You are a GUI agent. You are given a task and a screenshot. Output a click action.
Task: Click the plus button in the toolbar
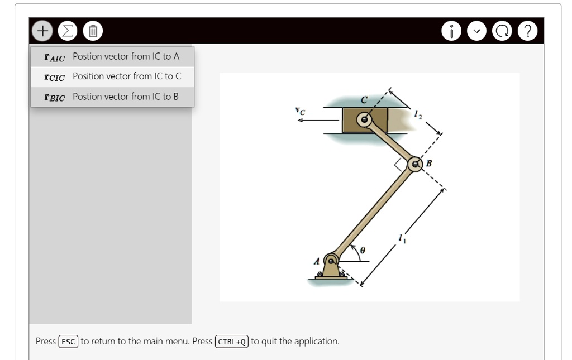tap(41, 30)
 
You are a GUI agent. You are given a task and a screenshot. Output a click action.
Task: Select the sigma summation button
tap(68, 30)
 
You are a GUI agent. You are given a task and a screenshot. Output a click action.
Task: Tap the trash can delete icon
tap(93, 30)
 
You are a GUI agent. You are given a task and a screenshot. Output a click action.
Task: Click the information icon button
tap(451, 31)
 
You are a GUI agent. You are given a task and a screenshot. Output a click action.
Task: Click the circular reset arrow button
tap(502, 31)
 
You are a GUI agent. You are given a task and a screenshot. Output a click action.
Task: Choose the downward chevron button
tap(476, 31)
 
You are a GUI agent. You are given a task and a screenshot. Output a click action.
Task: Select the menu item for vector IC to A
tap(112, 56)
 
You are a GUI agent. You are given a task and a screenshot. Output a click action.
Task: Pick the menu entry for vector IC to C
tap(112, 76)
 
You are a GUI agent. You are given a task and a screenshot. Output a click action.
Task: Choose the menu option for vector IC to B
tap(112, 97)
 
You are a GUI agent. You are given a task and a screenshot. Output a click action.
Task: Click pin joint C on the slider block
tap(364, 119)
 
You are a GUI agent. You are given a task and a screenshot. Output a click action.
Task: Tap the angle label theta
tap(363, 251)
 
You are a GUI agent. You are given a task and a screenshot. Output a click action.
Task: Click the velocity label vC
tap(301, 111)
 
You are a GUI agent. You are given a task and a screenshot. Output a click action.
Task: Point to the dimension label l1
tap(402, 239)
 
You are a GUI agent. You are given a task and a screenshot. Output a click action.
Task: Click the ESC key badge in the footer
tap(69, 342)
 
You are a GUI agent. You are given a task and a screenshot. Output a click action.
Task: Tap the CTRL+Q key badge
tap(232, 342)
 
